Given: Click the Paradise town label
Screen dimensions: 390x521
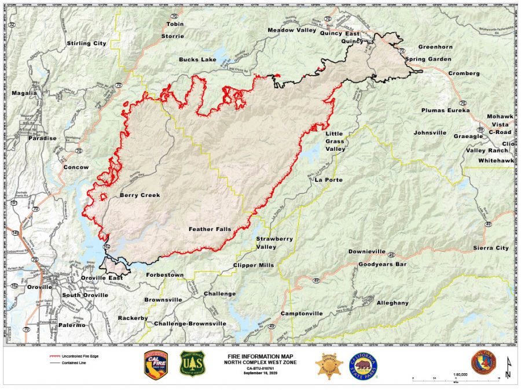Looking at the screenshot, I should tap(43, 138).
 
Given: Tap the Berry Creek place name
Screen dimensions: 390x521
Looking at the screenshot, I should tap(140, 195).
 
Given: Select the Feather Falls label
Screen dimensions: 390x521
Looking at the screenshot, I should tap(210, 229).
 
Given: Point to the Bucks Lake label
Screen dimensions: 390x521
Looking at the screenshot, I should tap(197, 60).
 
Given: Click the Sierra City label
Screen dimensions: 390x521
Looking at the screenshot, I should tap(491, 248).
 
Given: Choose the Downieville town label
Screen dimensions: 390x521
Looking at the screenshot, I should tap(367, 252).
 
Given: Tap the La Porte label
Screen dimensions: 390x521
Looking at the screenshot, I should tap(327, 180).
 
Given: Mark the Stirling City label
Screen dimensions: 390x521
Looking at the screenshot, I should tap(87, 43).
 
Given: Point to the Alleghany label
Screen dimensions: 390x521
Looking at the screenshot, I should tap(392, 303).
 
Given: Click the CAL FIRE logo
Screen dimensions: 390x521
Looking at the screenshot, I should tap(156, 365).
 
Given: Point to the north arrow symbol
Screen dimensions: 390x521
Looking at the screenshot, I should tap(508, 368).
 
